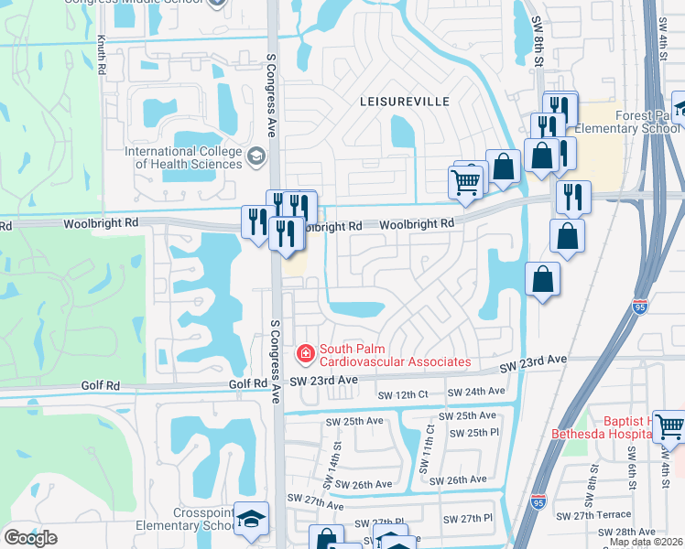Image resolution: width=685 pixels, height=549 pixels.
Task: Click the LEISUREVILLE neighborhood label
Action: coord(407,101)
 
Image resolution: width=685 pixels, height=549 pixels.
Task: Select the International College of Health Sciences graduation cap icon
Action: coord(256,158)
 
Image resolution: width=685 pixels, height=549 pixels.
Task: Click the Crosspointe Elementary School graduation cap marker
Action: coord(251,519)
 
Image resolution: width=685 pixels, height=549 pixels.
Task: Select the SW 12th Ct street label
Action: coord(403,394)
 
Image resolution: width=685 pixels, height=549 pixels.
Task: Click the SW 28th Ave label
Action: coord(628,532)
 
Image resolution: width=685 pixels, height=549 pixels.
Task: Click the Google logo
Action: coord(30,537)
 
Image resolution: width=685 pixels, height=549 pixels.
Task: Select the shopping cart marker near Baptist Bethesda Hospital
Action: coord(669,425)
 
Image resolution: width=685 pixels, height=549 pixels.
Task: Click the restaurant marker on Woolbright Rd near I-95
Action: coord(572,196)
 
